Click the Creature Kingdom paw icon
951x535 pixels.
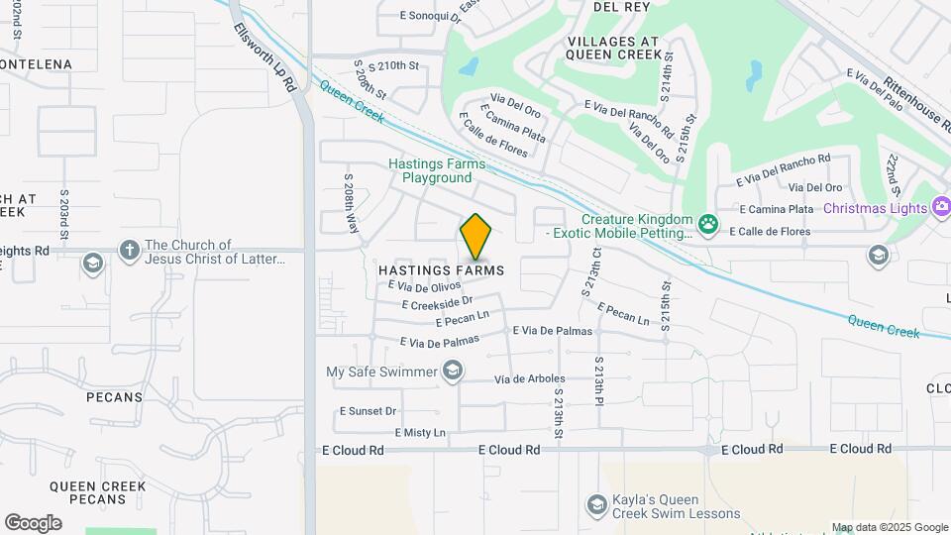click(707, 224)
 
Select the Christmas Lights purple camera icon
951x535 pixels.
click(940, 207)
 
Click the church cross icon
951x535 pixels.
click(129, 251)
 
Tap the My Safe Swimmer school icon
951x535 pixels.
click(453, 372)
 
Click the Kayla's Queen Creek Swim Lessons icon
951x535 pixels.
click(596, 505)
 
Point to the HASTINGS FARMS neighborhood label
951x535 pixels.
click(441, 270)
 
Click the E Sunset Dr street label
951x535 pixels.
click(368, 410)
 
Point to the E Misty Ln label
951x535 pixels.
click(420, 433)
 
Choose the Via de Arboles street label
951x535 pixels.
click(536, 378)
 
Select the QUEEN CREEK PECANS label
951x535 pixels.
click(97, 494)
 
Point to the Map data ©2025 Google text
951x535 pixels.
click(890, 527)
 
